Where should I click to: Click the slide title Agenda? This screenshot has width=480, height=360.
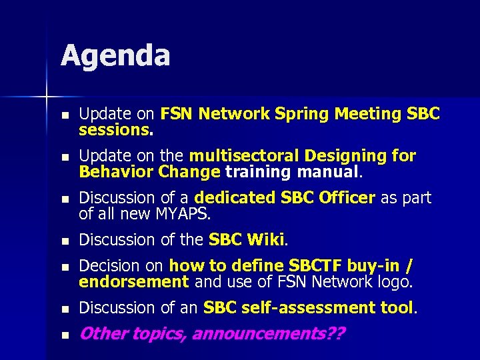(115, 56)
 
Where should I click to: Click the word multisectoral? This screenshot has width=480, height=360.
(244, 156)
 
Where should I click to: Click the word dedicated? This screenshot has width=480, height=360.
(234, 198)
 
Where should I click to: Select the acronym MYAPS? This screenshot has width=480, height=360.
(182, 214)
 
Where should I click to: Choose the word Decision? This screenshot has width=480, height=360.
(107, 266)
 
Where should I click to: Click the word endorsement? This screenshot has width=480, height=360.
(133, 281)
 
